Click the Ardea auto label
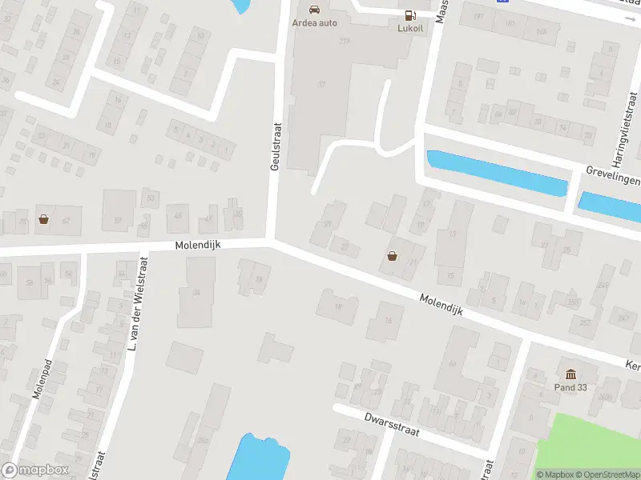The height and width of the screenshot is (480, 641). coord(314,23)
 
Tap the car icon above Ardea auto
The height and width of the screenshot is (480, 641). coord(314,10)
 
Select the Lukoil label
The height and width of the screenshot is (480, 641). coord(410,27)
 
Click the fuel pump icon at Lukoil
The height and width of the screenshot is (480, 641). coord(410,14)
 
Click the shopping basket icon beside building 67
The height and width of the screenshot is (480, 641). coord(43,218)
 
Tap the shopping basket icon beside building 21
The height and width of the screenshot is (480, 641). coord(393,256)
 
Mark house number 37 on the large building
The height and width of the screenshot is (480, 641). coord(322,84)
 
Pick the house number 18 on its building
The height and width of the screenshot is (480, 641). coord(337,306)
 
